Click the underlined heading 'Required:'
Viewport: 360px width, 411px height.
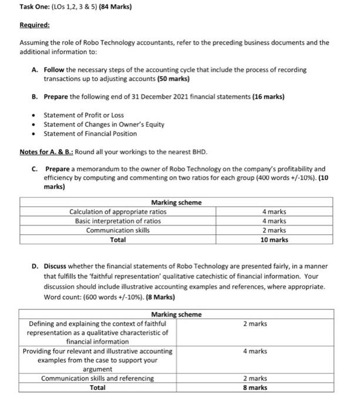[35, 26]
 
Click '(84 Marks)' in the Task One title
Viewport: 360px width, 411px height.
[115, 7]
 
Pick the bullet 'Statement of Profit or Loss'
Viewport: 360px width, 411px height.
[84, 114]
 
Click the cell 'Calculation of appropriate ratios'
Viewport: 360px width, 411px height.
[117, 211]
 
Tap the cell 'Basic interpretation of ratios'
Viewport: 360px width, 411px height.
[117, 221]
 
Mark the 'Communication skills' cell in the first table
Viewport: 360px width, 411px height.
[117, 230]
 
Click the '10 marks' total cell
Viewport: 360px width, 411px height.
[274, 240]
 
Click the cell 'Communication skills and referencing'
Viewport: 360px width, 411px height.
[97, 378]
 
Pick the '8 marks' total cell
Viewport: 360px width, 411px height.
[255, 388]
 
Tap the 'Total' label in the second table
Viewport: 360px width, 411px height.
[97, 388]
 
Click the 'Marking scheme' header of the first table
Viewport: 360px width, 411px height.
[176, 202]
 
